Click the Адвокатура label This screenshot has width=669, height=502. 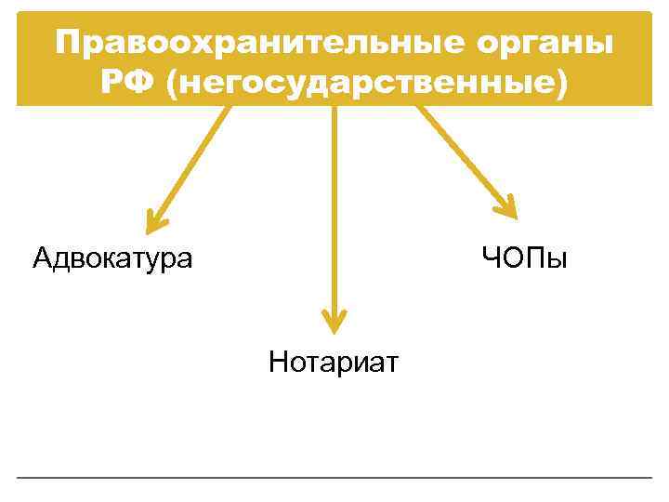point(112,258)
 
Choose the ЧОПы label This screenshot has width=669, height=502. point(523,257)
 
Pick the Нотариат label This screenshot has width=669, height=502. point(333,361)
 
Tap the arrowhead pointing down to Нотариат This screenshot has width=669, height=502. point(334,322)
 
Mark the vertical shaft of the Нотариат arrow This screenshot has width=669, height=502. point(334,205)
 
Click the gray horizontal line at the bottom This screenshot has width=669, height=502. point(334,478)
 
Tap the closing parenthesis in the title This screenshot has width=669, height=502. point(558,84)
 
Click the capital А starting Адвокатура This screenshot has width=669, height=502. point(41,258)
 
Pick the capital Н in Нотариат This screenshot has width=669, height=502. point(278,361)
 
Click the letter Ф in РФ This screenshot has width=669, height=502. point(142,83)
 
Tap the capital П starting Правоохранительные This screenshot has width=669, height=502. point(67,44)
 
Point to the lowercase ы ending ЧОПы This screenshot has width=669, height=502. point(555,258)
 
